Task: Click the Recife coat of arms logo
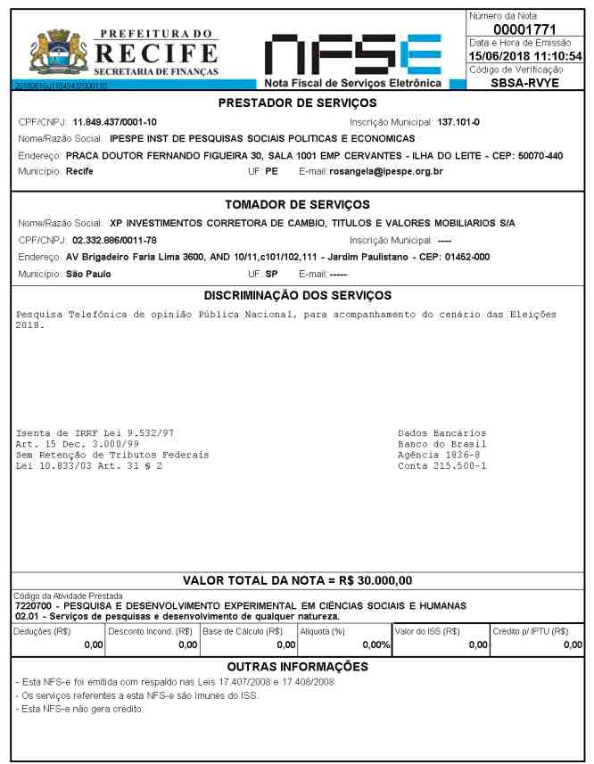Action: click(x=53, y=51)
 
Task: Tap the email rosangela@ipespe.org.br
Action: click(x=381, y=171)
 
